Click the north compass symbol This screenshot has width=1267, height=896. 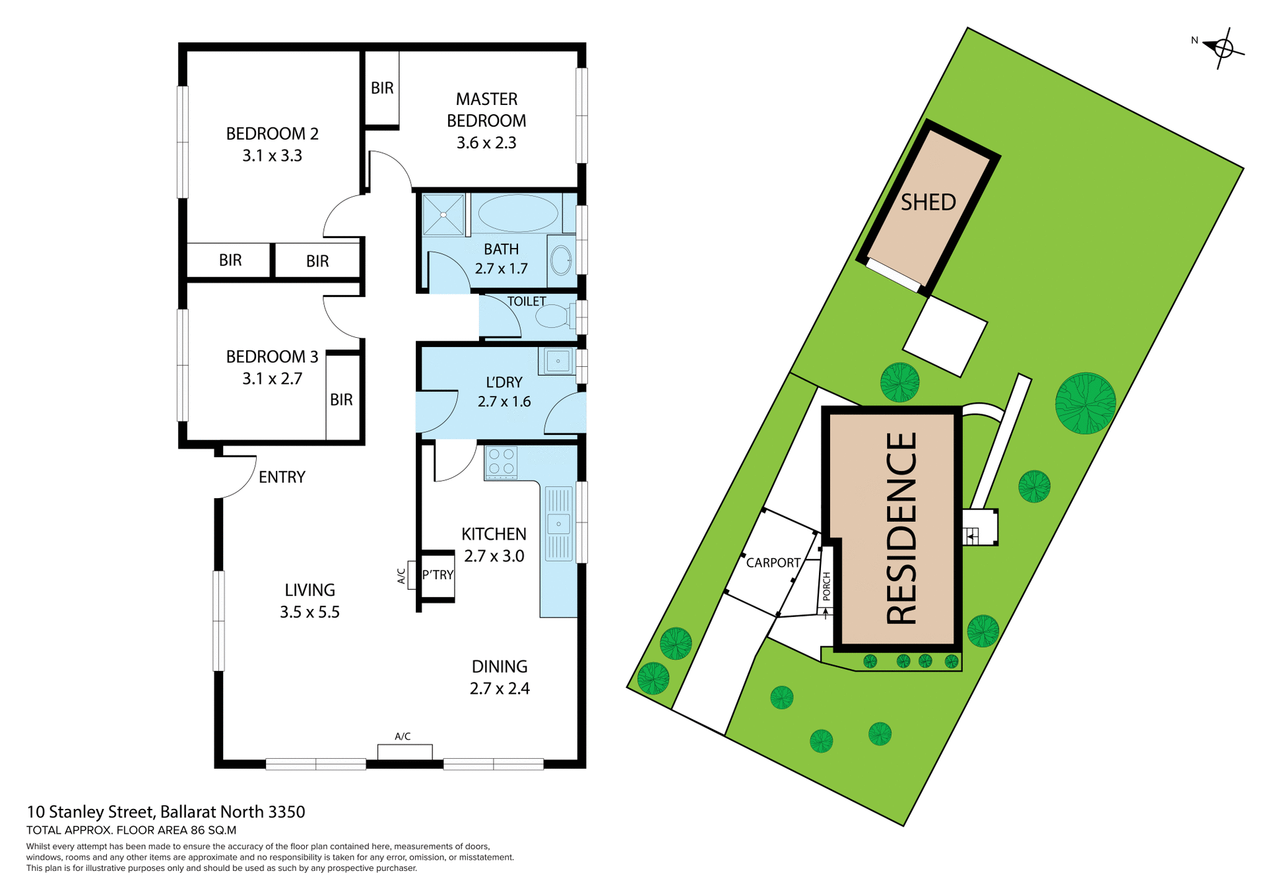pyautogui.click(x=1223, y=48)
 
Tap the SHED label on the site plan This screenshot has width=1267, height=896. pyautogui.click(x=928, y=202)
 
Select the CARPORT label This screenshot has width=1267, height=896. pyautogui.click(x=773, y=563)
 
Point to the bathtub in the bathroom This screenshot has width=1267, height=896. pyautogui.click(x=517, y=213)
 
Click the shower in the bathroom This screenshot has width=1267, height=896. pyautogui.click(x=443, y=214)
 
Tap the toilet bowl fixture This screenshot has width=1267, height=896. pyautogui.click(x=553, y=316)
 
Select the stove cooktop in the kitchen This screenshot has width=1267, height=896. pyautogui.click(x=501, y=461)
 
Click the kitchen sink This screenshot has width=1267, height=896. pyautogui.click(x=558, y=523)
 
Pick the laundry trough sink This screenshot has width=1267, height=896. pyautogui.click(x=558, y=361)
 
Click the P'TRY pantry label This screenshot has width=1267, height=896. pyautogui.click(x=438, y=575)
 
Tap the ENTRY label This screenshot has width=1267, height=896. pyautogui.click(x=282, y=477)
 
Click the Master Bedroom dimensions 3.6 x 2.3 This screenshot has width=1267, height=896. pyautogui.click(x=486, y=143)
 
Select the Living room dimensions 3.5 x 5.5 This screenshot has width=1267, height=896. pyautogui.click(x=309, y=612)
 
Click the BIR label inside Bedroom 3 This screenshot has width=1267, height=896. pyautogui.click(x=341, y=399)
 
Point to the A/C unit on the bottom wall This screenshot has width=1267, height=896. pyautogui.click(x=405, y=751)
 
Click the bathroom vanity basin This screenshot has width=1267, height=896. pyautogui.click(x=561, y=260)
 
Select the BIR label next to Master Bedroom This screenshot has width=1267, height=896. pyautogui.click(x=382, y=88)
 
